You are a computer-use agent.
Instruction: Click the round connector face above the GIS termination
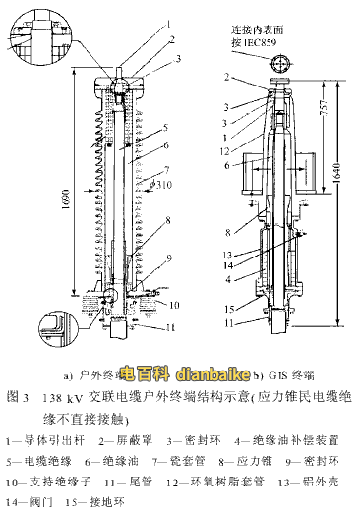(x=280, y=65)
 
